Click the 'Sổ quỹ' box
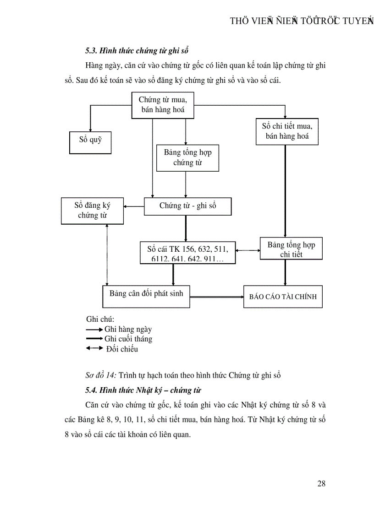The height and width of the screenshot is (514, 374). (90, 142)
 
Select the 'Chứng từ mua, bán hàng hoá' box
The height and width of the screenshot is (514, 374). (162, 105)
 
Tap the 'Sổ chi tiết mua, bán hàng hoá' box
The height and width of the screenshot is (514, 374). (287, 131)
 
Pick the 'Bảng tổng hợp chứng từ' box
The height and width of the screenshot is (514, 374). (187, 158)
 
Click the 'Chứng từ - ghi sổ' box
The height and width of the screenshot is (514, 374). (187, 206)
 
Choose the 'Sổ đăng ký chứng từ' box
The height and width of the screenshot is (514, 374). (92, 211)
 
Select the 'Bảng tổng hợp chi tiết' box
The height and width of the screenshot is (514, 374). (291, 249)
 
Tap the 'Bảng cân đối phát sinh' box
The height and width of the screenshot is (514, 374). (146, 296)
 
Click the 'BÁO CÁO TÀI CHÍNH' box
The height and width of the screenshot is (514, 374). (282, 297)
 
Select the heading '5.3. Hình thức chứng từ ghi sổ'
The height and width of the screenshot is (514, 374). (137, 49)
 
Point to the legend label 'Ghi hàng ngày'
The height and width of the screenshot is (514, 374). (128, 329)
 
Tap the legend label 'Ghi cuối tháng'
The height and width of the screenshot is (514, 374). (128, 339)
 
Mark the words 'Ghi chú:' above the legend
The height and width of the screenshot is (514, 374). (100, 319)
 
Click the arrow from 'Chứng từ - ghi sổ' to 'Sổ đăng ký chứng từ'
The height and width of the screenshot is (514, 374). (134, 206)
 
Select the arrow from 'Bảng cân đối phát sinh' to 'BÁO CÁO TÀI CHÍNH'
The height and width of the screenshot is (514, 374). (216, 297)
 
